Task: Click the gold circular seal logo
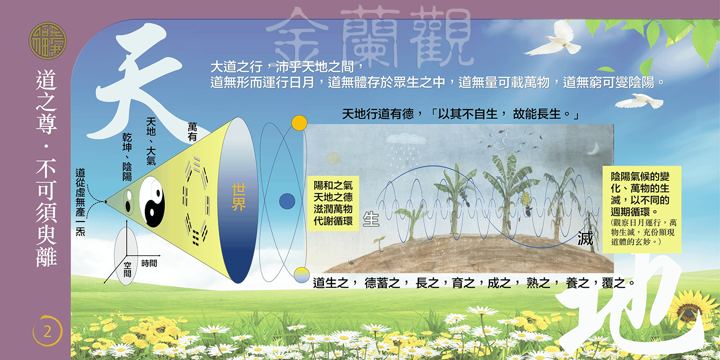click(48, 40)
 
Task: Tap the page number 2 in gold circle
click(48, 331)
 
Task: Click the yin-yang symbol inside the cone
click(151, 202)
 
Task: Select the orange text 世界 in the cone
click(239, 197)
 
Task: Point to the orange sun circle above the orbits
click(299, 123)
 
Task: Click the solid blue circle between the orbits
click(287, 201)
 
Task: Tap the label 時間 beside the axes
click(149, 264)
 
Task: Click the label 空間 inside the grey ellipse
click(128, 269)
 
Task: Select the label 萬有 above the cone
click(192, 132)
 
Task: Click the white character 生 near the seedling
click(371, 219)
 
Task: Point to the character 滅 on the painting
click(585, 239)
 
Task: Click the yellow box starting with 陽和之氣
click(333, 203)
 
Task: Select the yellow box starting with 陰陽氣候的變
click(642, 209)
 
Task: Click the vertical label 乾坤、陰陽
click(127, 157)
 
